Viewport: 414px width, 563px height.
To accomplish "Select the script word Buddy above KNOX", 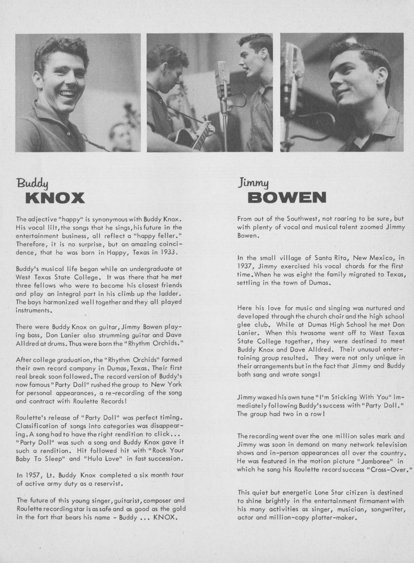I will tap(32, 184).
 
